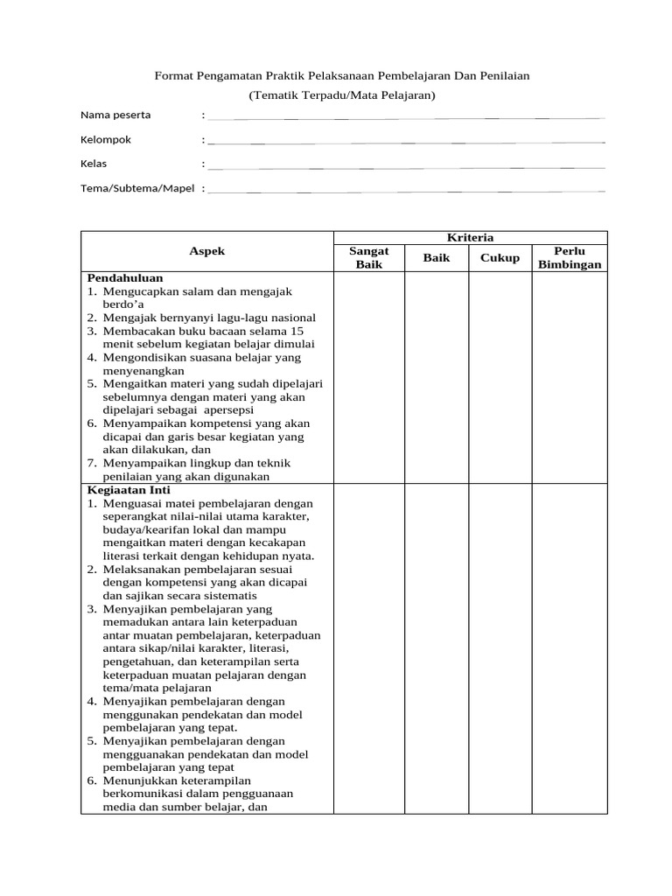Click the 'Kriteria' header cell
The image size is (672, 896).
pyautogui.click(x=470, y=237)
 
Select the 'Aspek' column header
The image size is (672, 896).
pyautogui.click(x=207, y=251)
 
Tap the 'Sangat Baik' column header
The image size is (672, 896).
pyautogui.click(x=368, y=257)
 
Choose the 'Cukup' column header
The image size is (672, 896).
pyautogui.click(x=499, y=257)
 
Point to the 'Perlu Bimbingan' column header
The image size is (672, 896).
pyautogui.click(x=570, y=257)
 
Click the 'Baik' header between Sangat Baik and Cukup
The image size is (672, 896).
pyautogui.click(x=437, y=257)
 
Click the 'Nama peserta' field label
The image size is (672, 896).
pyautogui.click(x=115, y=115)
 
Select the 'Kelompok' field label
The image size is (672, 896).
pyautogui.click(x=106, y=139)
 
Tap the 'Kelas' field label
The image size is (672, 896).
pyautogui.click(x=94, y=164)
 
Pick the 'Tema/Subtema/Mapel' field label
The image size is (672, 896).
pyautogui.click(x=137, y=188)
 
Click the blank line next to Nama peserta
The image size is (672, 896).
pyautogui.click(x=406, y=117)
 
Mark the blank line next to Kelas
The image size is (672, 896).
pyautogui.click(x=406, y=166)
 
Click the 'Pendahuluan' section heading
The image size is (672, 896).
pyautogui.click(x=125, y=278)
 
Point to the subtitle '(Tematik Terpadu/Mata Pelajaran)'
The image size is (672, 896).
pyautogui.click(x=341, y=94)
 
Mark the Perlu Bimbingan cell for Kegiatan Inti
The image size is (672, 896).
pyautogui.click(x=570, y=648)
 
